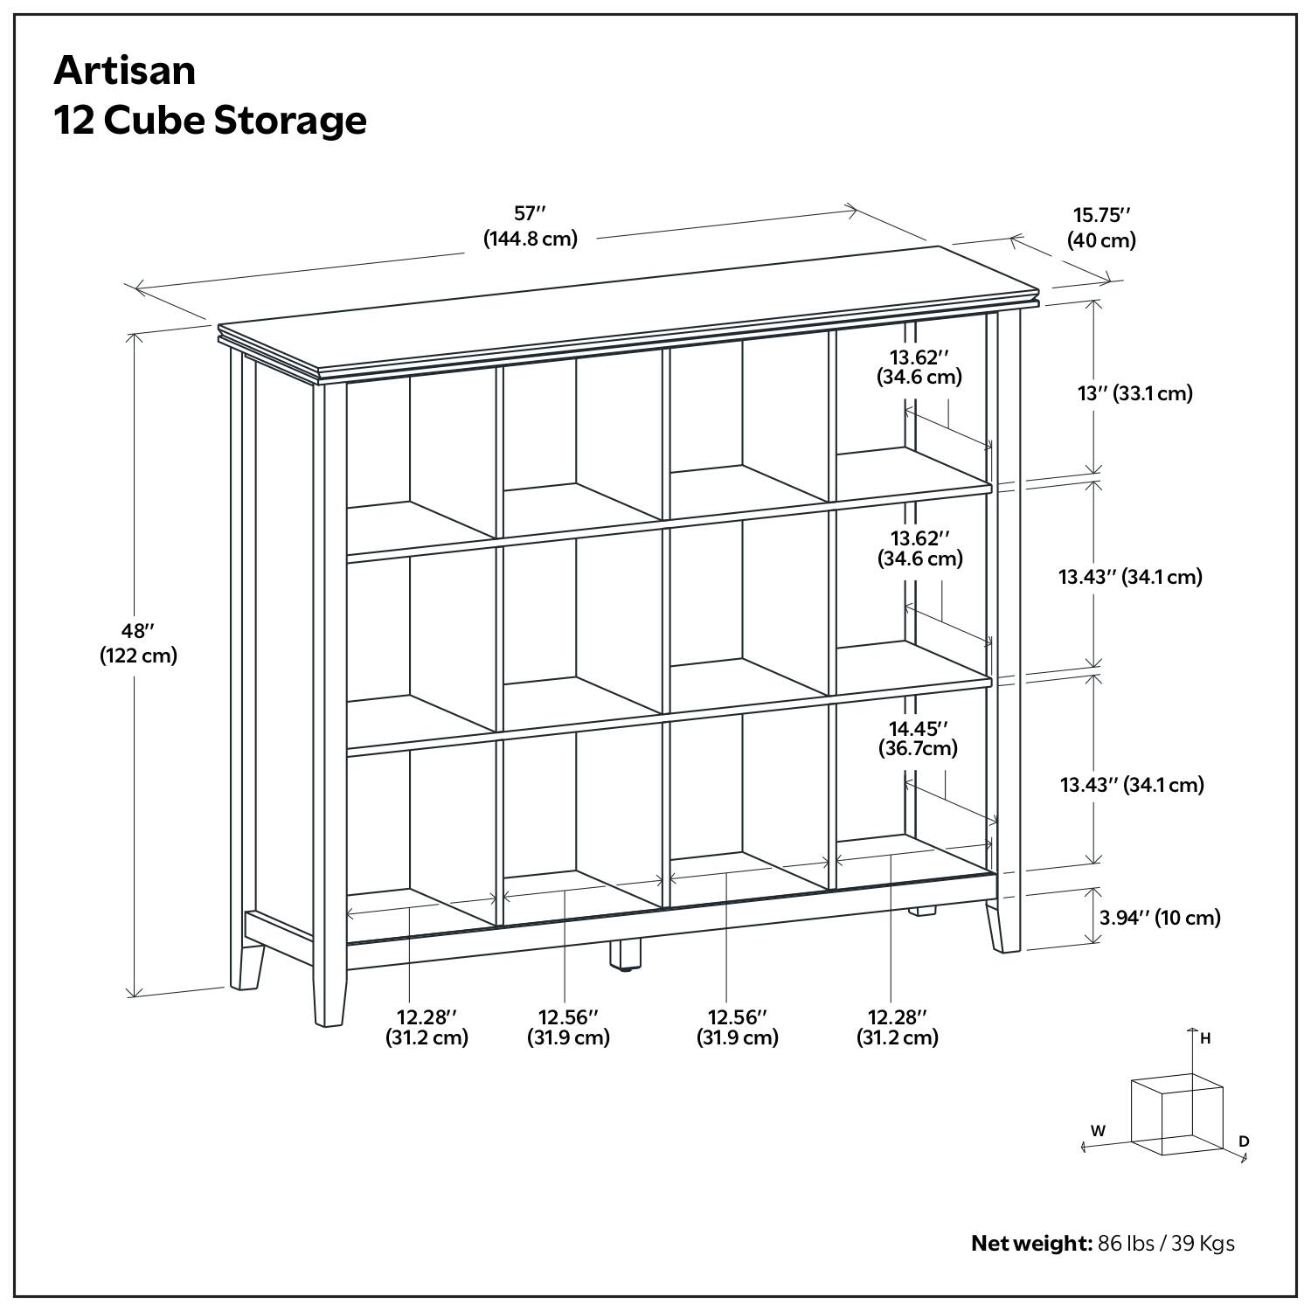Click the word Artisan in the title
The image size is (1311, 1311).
click(125, 70)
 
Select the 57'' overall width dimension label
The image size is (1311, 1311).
click(530, 225)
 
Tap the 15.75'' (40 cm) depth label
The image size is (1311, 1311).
click(1101, 227)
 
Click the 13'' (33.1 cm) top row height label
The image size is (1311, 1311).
click(1134, 393)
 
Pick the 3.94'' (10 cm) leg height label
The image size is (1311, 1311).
click(1160, 917)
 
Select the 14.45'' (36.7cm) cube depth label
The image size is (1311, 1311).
click(919, 738)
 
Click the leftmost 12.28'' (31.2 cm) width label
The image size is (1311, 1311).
click(427, 1027)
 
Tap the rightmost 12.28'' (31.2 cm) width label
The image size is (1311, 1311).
click(897, 1027)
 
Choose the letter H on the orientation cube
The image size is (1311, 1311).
click(1205, 1038)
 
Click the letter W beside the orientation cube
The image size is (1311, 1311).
click(1098, 1130)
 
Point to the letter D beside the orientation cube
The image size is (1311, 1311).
click(1244, 1141)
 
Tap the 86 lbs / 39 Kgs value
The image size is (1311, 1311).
click(1166, 1243)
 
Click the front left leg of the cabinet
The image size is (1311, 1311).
click(329, 996)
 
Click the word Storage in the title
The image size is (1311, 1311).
click(290, 121)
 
